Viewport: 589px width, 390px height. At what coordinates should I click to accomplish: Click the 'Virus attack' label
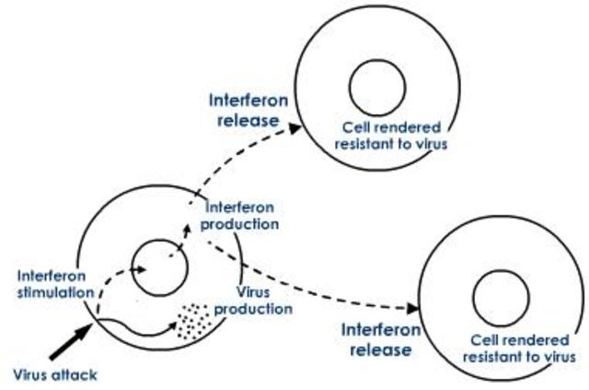pyautogui.click(x=54, y=375)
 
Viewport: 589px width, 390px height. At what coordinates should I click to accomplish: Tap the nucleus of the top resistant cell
pyautogui.click(x=377, y=84)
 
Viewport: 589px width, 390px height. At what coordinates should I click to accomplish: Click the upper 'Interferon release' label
pyautogui.click(x=248, y=108)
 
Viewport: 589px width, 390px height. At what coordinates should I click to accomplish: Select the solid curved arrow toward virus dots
pyautogui.click(x=138, y=327)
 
